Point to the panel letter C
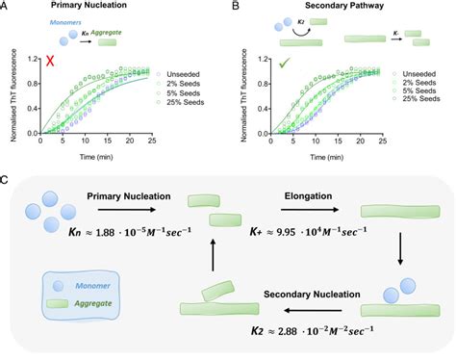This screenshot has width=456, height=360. [7, 180]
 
